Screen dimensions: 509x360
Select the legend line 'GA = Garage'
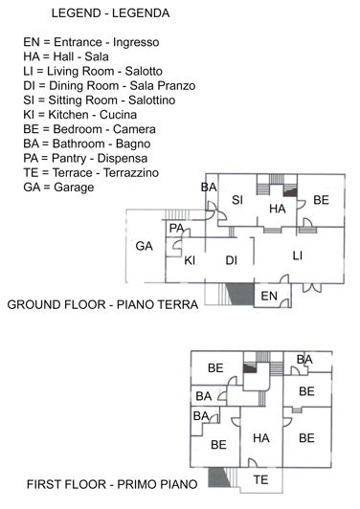[58, 188]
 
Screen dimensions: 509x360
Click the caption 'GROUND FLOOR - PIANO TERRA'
[102, 305]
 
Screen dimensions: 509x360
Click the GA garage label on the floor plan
[145, 246]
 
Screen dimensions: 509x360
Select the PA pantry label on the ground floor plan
[176, 228]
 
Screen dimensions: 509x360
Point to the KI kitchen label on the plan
[190, 260]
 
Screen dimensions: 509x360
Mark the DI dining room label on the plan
[231, 260]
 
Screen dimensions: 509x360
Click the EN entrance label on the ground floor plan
[269, 295]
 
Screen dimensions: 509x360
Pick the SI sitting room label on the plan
[237, 200]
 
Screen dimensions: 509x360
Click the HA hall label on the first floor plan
[260, 437]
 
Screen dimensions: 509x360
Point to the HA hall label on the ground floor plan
[278, 208]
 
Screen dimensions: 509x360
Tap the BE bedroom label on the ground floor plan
[321, 200]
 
